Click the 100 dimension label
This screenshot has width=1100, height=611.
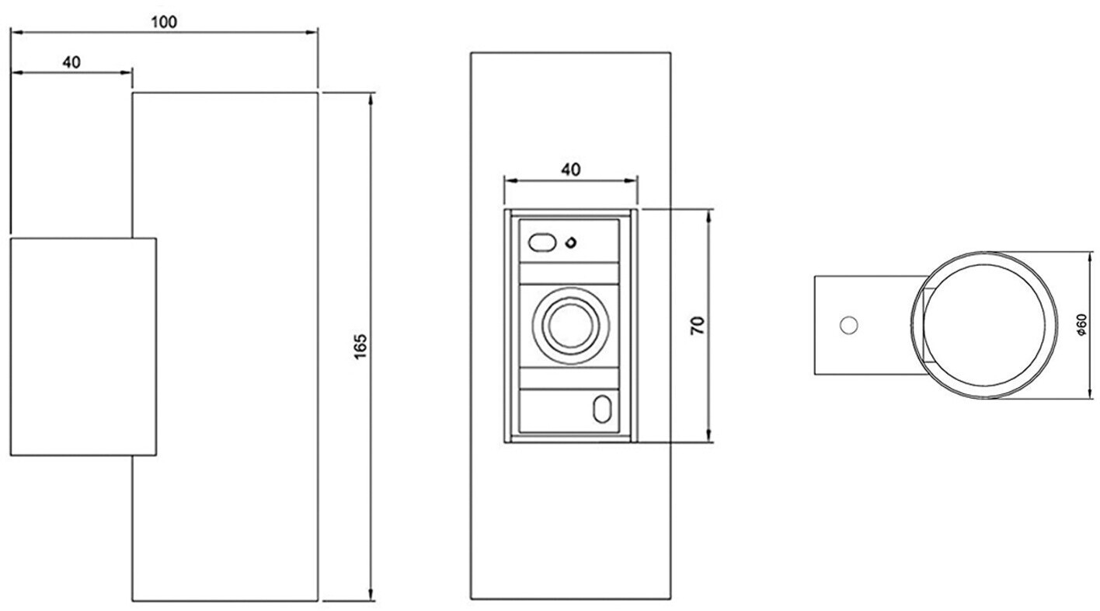click(x=163, y=22)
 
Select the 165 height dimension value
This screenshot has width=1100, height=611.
click(x=360, y=347)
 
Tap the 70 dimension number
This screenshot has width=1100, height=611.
click(x=698, y=325)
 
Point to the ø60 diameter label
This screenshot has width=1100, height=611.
click(x=1082, y=324)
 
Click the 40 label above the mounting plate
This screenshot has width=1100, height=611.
click(x=570, y=169)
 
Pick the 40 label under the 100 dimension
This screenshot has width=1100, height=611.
click(x=71, y=62)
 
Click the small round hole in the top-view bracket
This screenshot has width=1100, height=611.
click(x=848, y=324)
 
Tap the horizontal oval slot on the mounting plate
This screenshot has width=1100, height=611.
click(x=541, y=243)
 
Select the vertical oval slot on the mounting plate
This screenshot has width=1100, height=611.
click(x=601, y=410)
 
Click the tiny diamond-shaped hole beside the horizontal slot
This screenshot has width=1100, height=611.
click(x=571, y=243)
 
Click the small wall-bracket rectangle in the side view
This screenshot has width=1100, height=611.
click(x=83, y=347)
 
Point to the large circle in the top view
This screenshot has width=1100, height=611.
click(x=984, y=325)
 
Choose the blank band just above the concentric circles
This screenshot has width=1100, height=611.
click(x=569, y=274)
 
